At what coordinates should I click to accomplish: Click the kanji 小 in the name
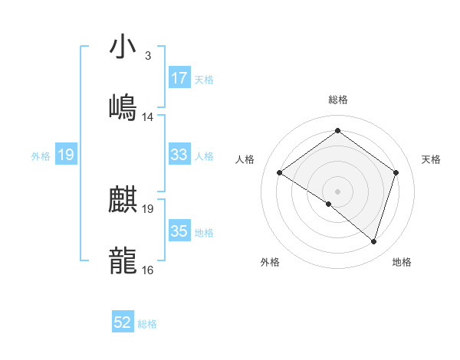(123, 47)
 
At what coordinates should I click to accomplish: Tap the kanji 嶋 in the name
(123, 107)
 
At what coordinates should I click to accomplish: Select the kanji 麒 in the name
(123, 201)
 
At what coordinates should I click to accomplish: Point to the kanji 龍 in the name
(123, 260)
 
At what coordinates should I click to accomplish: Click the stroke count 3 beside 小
(147, 57)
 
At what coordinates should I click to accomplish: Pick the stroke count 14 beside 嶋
(148, 117)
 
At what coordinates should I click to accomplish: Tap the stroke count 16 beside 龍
(148, 270)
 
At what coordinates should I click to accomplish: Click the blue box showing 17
(179, 78)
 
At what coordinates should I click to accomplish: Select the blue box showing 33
(179, 155)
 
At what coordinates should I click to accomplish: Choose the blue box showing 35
(179, 231)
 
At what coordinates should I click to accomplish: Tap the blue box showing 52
(123, 322)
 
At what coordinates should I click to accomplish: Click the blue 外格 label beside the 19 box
(41, 155)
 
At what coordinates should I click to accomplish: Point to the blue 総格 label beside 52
(147, 324)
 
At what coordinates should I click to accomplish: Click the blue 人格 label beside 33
(204, 156)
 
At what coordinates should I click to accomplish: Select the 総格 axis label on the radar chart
(338, 100)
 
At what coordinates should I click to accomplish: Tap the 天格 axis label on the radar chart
(432, 159)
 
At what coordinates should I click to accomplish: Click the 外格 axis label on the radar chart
(270, 262)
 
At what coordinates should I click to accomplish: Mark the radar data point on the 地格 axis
(373, 242)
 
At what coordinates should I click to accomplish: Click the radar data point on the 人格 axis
(280, 173)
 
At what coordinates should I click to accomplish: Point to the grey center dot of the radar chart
(338, 190)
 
